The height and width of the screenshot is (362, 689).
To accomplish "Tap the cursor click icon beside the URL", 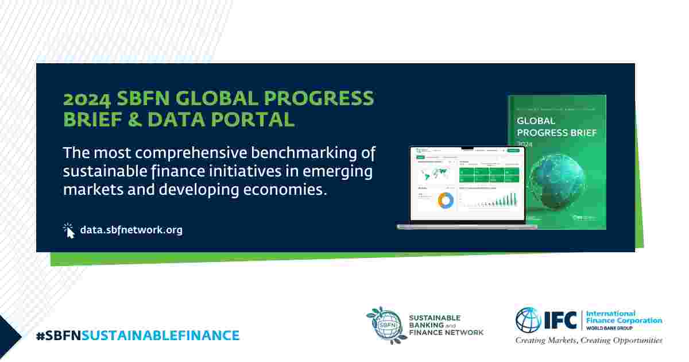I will tap(69, 230).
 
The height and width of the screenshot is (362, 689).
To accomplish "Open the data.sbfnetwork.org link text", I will tap(131, 230).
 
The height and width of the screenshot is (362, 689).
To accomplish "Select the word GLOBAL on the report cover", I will tap(536, 121).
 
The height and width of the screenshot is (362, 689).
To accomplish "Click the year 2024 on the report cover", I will tap(525, 144).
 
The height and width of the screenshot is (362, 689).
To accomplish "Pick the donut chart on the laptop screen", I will tap(445, 200).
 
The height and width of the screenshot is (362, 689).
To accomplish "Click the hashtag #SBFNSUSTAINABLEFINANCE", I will tap(137, 335).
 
